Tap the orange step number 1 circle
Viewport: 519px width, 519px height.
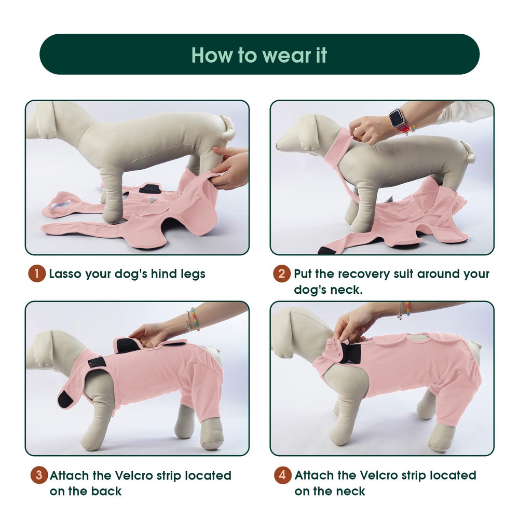pyautogui.click(x=37, y=274)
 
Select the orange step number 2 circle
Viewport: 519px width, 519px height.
pyautogui.click(x=281, y=274)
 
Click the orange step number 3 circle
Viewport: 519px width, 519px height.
pyautogui.click(x=39, y=475)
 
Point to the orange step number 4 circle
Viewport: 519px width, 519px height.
pyautogui.click(x=282, y=475)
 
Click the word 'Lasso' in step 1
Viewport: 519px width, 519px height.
pyautogui.click(x=65, y=274)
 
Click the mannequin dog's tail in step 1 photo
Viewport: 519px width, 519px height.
pyautogui.click(x=228, y=128)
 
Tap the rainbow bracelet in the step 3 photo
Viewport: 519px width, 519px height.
pyautogui.click(x=195, y=319)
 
